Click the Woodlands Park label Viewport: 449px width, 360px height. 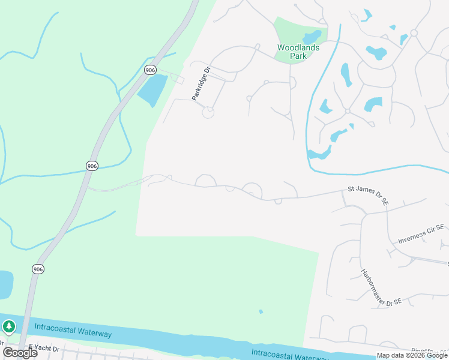tap(292, 52)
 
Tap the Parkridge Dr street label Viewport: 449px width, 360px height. tap(201, 84)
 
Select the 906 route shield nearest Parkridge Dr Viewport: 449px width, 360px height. tap(150, 70)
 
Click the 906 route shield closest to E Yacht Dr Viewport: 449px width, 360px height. tap(38, 269)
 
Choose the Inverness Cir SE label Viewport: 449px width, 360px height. tap(421, 234)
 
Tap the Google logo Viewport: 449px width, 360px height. tap(20, 353)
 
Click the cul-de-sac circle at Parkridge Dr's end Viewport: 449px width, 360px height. tap(208, 112)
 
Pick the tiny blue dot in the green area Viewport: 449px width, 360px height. tap(261, 311)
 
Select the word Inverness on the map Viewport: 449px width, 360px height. tap(414, 236)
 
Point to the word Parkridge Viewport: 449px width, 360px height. tap(199, 86)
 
